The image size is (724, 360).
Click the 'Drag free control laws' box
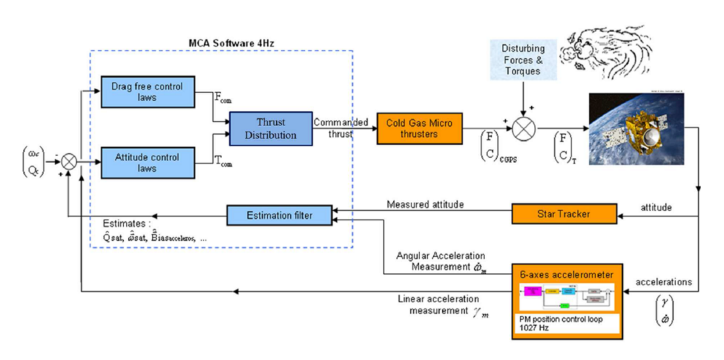148,92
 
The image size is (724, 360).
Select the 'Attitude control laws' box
148,163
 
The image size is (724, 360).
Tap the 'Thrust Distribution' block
270,128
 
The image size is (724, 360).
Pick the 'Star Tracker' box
564,213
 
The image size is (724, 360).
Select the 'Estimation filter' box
279,215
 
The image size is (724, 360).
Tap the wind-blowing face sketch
600,54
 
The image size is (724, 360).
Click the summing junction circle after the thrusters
522,128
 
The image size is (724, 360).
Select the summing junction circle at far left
70,162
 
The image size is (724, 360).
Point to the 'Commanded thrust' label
341,128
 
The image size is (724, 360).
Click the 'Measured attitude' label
425,204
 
